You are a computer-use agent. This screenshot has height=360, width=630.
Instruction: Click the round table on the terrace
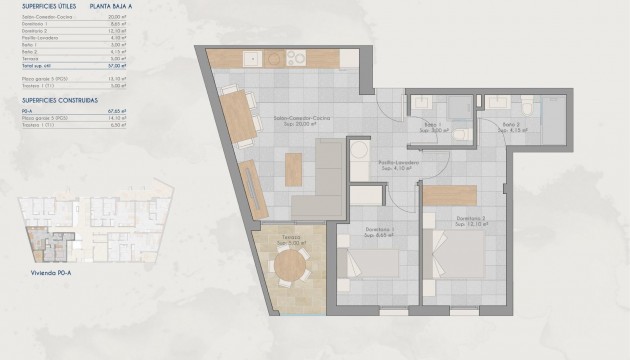pos(290,266)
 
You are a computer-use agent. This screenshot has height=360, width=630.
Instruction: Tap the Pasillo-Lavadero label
pos(397,165)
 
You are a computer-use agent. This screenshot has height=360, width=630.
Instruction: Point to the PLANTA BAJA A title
pos(113,6)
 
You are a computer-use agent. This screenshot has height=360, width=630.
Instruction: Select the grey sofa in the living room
pos(325,180)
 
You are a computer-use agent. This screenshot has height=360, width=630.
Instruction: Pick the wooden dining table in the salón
pos(236,117)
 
